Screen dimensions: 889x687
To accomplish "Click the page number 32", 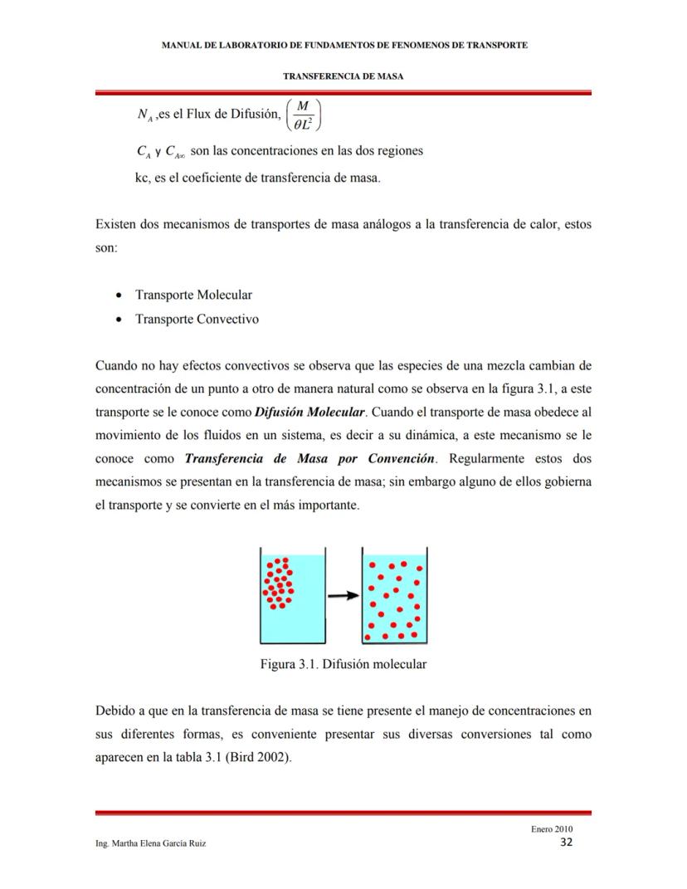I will click(x=566, y=843).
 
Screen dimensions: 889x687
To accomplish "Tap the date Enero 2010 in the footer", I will click(x=551, y=828).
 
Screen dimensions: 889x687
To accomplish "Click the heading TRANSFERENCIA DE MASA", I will click(x=343, y=76).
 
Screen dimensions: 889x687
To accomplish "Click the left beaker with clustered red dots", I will click(x=292, y=595).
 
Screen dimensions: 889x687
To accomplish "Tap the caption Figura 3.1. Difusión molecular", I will click(x=343, y=664).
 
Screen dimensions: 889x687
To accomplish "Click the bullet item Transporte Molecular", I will click(x=193, y=295).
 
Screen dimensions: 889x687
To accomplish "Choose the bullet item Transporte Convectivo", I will click(x=197, y=319).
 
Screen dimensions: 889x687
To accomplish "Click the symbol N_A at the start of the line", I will click(x=127, y=115).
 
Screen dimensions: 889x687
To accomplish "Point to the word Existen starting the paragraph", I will click(x=116, y=225).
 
